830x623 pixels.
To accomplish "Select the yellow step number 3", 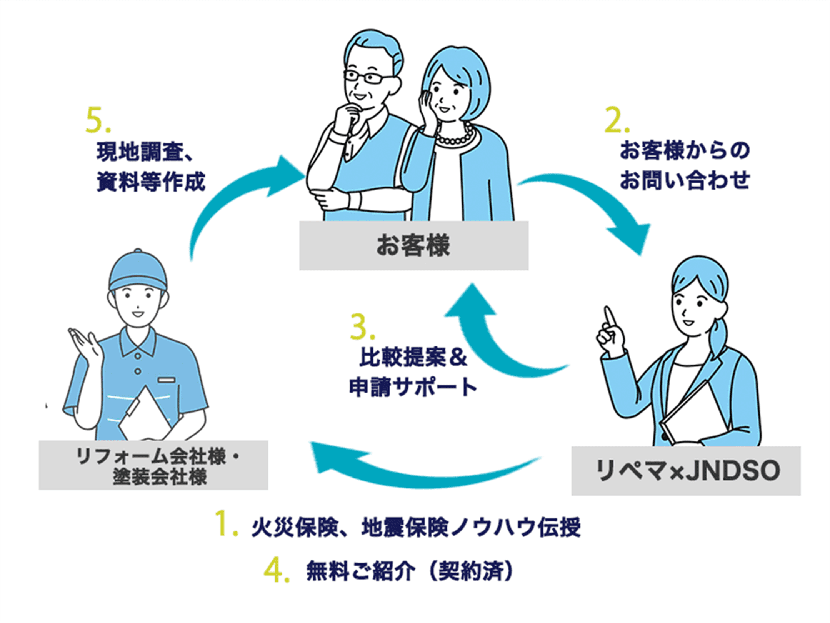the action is point(362,326).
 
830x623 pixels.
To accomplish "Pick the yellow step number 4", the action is point(277,571).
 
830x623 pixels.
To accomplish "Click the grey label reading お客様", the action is point(414,245).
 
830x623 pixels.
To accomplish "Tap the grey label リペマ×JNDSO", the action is point(686,471).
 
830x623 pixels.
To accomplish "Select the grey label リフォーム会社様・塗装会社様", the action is point(153,465).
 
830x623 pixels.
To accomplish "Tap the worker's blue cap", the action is point(138,270).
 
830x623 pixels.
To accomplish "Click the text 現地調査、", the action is point(145,152).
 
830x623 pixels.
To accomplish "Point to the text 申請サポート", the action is point(413,387).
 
